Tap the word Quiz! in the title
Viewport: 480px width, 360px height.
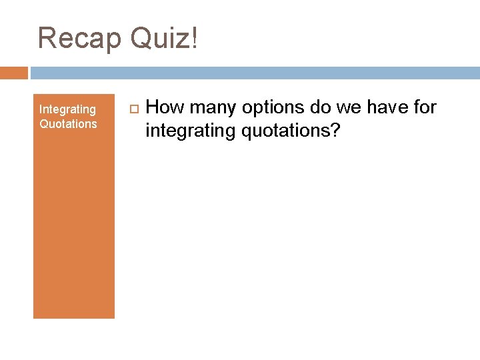point(164,39)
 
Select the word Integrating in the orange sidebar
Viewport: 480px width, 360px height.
point(67,109)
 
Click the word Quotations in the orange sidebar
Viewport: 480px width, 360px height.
point(68,123)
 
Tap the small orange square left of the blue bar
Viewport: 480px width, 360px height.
point(14,73)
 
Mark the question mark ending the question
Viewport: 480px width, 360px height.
point(335,130)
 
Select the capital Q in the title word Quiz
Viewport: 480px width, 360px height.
point(143,39)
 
